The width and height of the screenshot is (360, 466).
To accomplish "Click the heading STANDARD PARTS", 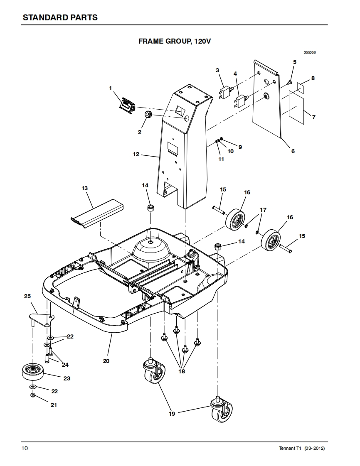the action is [60, 17].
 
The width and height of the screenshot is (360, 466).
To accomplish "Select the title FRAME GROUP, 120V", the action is [175, 41].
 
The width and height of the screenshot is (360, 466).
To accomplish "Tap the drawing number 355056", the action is [310, 52].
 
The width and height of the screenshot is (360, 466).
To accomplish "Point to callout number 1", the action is [111, 88].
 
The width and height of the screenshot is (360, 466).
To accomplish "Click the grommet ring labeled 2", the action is [148, 114].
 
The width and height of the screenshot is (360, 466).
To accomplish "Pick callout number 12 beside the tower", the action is [136, 154].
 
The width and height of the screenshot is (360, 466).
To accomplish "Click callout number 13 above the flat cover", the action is [85, 188].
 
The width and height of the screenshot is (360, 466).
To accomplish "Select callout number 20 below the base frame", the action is [106, 361].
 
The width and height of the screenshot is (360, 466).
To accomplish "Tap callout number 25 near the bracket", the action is [27, 296].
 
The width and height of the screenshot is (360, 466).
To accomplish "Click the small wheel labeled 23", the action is [33, 371].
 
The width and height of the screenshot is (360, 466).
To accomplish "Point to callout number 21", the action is [54, 405].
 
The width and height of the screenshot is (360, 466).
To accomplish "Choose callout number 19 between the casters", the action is [172, 413].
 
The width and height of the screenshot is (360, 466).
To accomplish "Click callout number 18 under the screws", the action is [182, 371].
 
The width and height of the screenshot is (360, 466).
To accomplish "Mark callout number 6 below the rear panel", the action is [293, 151].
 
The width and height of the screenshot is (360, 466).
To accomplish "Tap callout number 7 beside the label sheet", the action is [313, 117].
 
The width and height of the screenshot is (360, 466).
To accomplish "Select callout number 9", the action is [240, 147].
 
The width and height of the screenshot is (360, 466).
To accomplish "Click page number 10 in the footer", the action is [25, 448].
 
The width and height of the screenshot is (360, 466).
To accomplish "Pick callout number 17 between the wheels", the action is [263, 210].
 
